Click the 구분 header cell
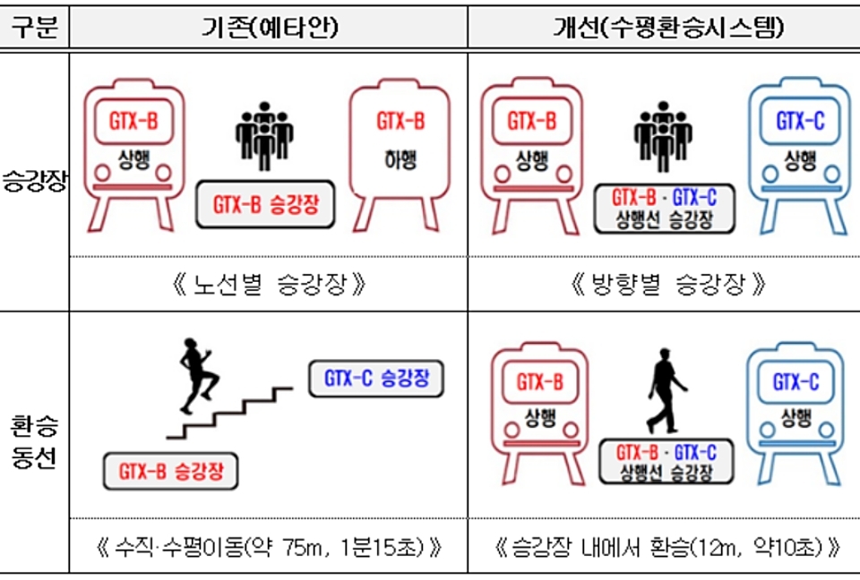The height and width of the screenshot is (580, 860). click(x=34, y=28)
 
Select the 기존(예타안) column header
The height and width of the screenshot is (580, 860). click(x=268, y=28)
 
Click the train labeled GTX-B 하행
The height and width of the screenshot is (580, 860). click(x=400, y=157)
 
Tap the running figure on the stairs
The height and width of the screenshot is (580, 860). click(x=199, y=377)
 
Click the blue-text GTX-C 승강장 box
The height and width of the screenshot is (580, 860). click(x=376, y=379)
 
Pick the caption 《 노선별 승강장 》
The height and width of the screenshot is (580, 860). click(x=268, y=286)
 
